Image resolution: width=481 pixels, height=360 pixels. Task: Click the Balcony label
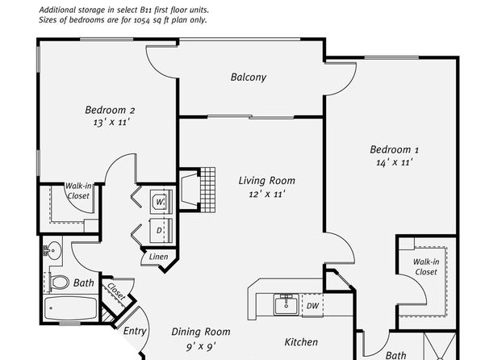point(249,77)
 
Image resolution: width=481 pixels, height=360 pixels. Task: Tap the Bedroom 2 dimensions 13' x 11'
point(111,122)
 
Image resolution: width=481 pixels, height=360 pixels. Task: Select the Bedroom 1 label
point(394,149)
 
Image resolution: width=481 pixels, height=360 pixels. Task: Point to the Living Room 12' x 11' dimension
point(267,194)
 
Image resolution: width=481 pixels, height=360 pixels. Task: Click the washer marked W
point(161,202)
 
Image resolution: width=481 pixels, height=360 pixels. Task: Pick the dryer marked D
point(161,230)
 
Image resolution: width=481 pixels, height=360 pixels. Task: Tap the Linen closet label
point(159,257)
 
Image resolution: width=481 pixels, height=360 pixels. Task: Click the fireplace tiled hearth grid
point(207,190)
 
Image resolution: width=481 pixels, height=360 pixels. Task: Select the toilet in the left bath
point(57,282)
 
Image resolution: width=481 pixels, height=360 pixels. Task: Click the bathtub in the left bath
point(70,308)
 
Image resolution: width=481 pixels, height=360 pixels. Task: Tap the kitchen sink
point(287,304)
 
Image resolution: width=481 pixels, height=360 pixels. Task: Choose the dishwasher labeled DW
point(312,305)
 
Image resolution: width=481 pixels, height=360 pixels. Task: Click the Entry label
point(135,331)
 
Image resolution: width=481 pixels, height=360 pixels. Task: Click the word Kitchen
point(301,342)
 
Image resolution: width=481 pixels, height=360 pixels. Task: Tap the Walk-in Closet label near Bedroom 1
point(426,266)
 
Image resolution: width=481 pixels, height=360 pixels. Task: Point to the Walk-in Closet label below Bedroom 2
point(78,190)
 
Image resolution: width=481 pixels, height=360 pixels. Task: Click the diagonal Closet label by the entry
point(116,291)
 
